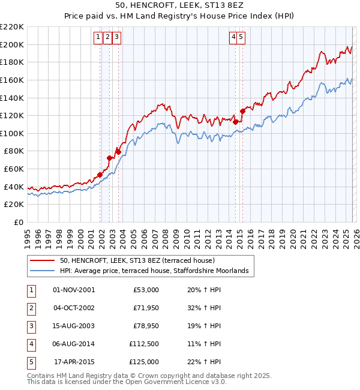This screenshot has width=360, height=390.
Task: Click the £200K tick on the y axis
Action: point(12,44)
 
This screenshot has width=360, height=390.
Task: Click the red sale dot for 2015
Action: point(242,110)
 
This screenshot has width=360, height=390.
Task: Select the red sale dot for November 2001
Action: point(100,175)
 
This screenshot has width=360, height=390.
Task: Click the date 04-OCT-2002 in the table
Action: point(74,308)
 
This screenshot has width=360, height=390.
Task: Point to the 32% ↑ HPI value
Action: point(203,308)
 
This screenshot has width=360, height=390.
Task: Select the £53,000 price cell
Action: point(146,290)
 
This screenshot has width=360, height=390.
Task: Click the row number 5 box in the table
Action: point(29,362)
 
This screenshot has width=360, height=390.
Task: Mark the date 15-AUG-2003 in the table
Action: point(74,326)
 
